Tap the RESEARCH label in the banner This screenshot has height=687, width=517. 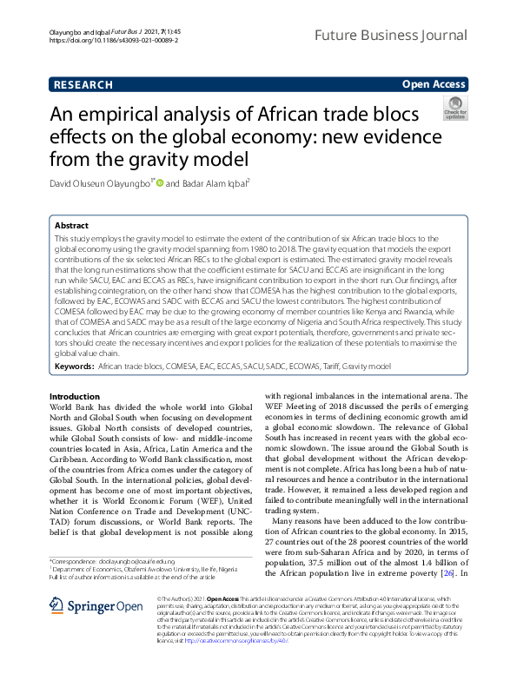(x=83, y=84)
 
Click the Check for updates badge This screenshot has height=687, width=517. (x=455, y=109)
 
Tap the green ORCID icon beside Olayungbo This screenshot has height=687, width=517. (x=159, y=183)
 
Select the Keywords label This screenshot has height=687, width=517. (x=74, y=367)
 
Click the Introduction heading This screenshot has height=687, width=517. (x=76, y=395)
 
